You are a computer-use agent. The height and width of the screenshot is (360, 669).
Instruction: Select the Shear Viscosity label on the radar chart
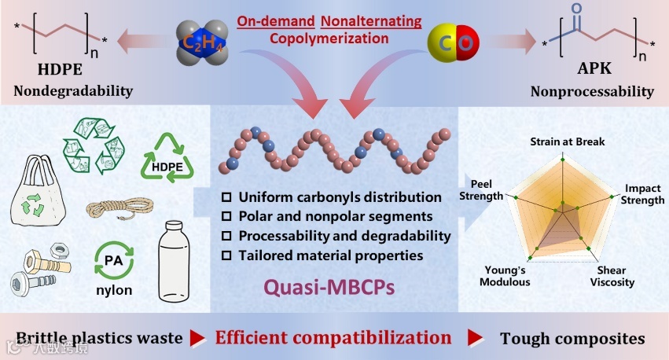611,276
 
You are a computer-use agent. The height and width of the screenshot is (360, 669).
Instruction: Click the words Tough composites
572,338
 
